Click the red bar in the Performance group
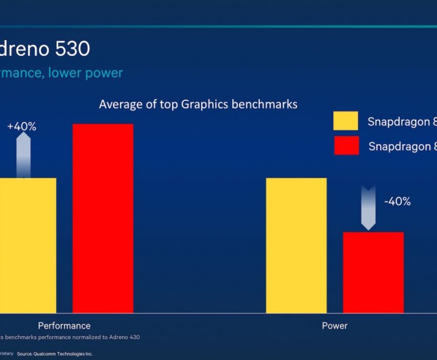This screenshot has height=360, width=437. coord(103,218)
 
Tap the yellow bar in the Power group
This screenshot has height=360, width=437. coord(296,245)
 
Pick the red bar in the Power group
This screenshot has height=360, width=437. coord(373,272)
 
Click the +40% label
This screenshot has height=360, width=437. coord(22,127)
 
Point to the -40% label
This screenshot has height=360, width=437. coord(398,202)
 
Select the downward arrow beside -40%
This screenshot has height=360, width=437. coord(368,207)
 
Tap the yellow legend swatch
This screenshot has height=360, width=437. coord(346,121)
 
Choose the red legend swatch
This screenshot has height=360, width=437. coord(346,146)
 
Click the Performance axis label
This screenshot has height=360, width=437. coord(64,326)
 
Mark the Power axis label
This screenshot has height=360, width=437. coord(334,326)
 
